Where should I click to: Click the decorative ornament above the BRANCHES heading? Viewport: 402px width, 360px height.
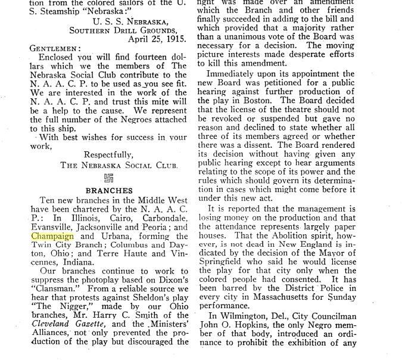point(108,178)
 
